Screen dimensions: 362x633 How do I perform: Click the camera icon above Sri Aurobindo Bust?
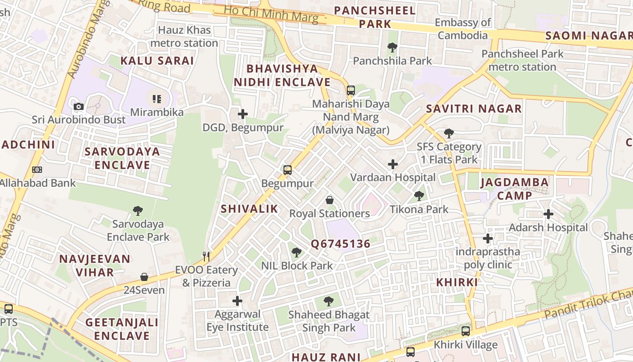point(79,107)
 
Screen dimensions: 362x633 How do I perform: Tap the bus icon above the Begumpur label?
point(288,170)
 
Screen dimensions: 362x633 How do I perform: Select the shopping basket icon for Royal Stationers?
point(330,200)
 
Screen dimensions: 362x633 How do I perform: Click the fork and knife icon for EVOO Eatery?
point(206,257)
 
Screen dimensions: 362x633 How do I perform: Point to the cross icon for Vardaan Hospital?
point(393,164)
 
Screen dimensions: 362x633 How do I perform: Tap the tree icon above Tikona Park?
point(419,196)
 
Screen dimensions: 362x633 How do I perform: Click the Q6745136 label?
point(340,244)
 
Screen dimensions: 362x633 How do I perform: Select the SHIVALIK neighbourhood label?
point(249,209)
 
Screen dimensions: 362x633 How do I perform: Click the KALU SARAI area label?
point(157,61)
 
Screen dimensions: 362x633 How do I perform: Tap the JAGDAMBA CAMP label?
point(515,189)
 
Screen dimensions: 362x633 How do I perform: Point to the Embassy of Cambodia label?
point(463,29)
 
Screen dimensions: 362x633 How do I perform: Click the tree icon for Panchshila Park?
point(392,47)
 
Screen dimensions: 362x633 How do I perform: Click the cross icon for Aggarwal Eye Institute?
point(237,300)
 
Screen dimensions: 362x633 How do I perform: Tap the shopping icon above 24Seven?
point(144,277)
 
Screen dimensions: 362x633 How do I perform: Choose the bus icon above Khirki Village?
point(466,331)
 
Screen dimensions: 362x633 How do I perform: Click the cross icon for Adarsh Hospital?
point(548,214)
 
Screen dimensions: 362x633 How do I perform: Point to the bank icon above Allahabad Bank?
point(37,170)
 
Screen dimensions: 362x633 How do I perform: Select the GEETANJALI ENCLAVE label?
point(122,329)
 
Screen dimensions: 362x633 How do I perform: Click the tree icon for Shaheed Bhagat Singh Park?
point(329,301)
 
